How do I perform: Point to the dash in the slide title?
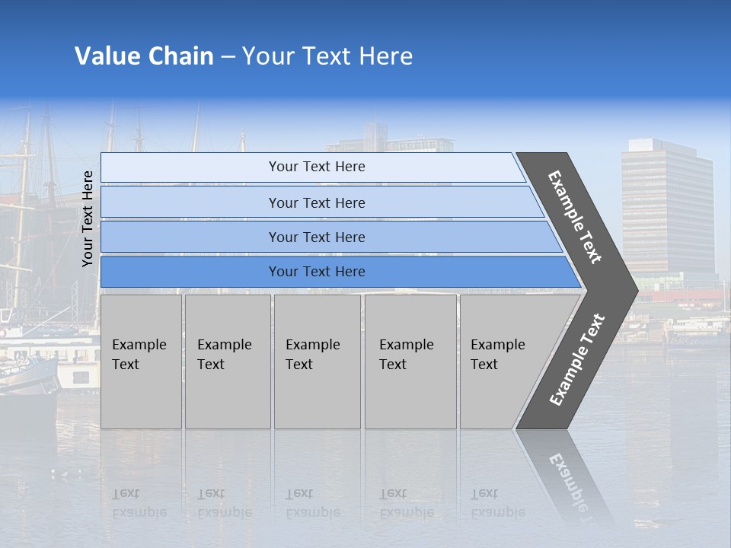(228, 57)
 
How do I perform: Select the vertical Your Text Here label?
(88, 218)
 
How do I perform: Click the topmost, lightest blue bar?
(316, 167)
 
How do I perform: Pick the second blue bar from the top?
(316, 202)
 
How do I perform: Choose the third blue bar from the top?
(316, 237)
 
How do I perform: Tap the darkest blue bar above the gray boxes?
(316, 272)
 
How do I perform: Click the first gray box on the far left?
(141, 361)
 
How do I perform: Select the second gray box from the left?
(227, 361)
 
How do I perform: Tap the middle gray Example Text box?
(317, 361)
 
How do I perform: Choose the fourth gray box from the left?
(410, 361)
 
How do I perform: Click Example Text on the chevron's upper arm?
(575, 217)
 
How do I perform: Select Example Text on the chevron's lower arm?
(577, 359)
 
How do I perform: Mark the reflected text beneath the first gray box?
(139, 504)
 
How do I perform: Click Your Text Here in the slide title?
(327, 56)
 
